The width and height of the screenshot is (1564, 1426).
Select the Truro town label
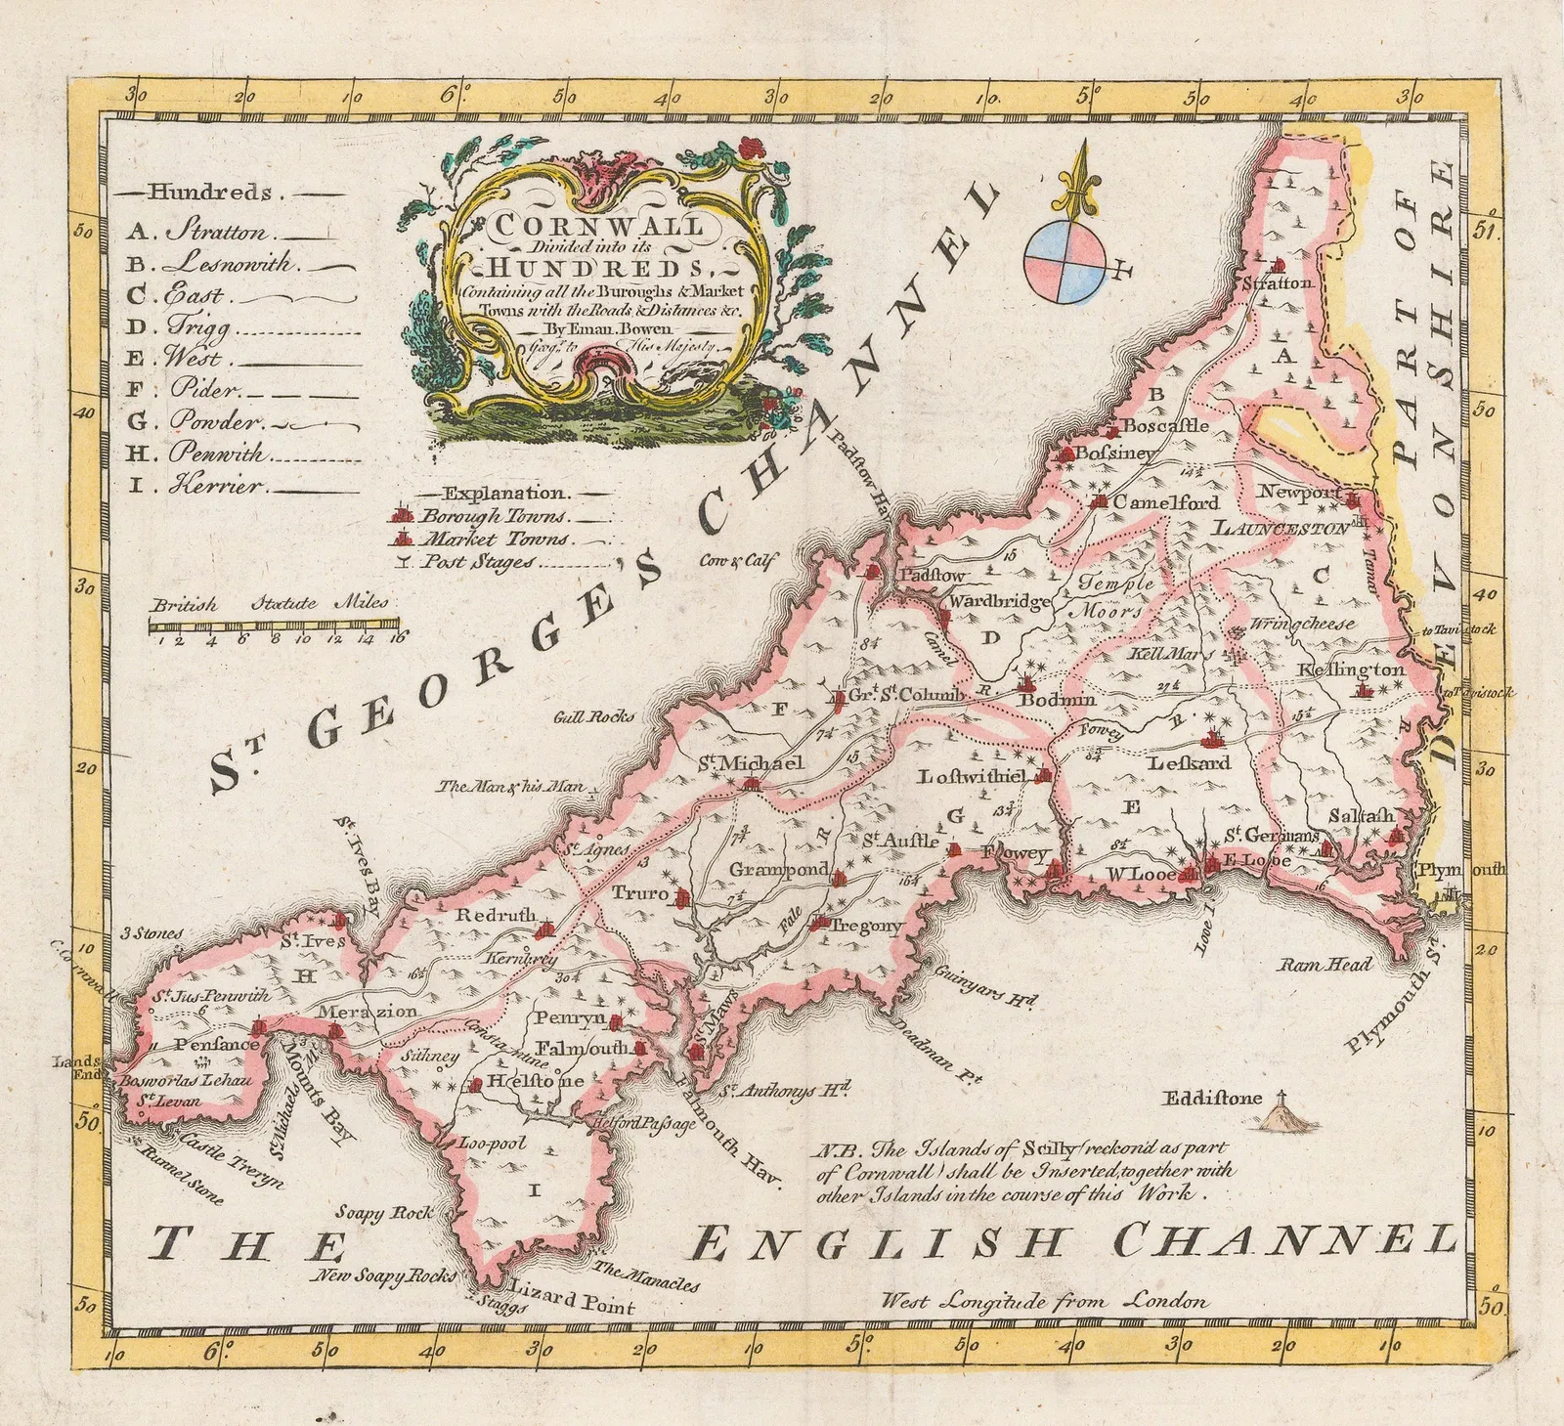[640, 892]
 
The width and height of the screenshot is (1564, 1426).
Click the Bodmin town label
[1057, 700]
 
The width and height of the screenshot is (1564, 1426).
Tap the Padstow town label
[932, 576]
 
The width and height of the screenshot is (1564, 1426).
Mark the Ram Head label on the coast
[1326, 964]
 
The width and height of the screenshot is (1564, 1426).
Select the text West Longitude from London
[1043, 1301]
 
